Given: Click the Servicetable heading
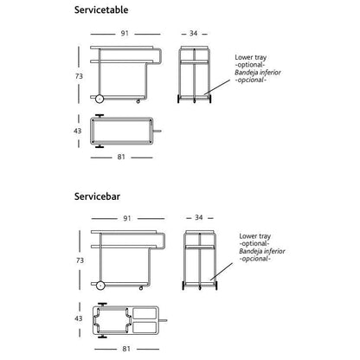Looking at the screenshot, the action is [101, 10].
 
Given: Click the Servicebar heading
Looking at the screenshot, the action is [97, 196].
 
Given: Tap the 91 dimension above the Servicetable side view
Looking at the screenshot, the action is [125, 34].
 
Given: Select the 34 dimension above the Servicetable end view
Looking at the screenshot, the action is [193, 34].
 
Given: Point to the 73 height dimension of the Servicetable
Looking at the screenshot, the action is [79, 76].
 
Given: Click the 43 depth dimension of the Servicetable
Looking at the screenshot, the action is [78, 131].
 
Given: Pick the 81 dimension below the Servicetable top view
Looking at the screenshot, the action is [121, 157].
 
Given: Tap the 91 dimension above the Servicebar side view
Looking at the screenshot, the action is [127, 218].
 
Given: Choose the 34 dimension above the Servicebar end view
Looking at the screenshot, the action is [199, 217].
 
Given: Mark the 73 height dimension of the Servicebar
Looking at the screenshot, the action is [80, 260].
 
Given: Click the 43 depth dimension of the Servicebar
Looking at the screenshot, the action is [79, 318].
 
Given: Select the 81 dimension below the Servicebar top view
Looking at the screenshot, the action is [126, 349].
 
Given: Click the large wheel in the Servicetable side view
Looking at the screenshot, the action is [100, 99].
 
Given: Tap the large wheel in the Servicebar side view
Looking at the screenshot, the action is [100, 286].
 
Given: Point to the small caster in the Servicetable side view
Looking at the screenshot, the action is [138, 101].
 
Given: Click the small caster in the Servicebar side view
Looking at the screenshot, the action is [141, 288].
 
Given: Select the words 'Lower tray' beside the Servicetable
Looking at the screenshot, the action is [251, 57].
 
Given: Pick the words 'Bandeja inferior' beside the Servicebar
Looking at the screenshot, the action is [262, 251].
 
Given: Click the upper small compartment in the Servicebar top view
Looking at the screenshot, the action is [145, 313].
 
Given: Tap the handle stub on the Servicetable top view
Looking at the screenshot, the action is [157, 132].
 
